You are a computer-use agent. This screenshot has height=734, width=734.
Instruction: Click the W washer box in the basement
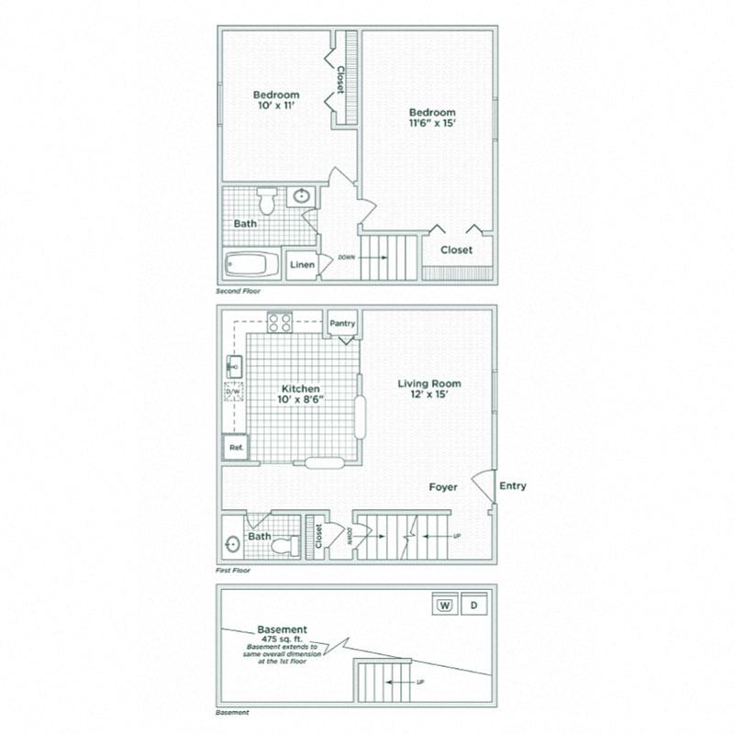(x=444, y=605)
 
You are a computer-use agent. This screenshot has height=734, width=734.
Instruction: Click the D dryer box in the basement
(x=473, y=605)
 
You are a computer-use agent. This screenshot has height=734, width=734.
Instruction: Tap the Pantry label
(x=342, y=323)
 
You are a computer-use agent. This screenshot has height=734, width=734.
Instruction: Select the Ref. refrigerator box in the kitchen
(x=235, y=448)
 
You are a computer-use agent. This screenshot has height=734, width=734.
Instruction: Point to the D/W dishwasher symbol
(x=233, y=392)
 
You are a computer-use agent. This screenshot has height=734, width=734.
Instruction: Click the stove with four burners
(x=280, y=322)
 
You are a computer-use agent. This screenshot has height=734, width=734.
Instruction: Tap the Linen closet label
(x=302, y=265)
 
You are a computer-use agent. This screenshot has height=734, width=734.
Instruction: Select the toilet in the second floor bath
(x=267, y=199)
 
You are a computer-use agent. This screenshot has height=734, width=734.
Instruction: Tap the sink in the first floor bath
(x=232, y=542)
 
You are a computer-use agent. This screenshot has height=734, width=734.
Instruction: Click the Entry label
(x=512, y=486)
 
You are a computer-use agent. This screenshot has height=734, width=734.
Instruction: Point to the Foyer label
(x=444, y=487)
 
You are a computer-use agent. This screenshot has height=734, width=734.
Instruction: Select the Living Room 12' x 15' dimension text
(x=429, y=397)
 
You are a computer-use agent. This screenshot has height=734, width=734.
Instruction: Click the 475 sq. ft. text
(x=283, y=639)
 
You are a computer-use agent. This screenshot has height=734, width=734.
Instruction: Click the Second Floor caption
(x=239, y=291)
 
